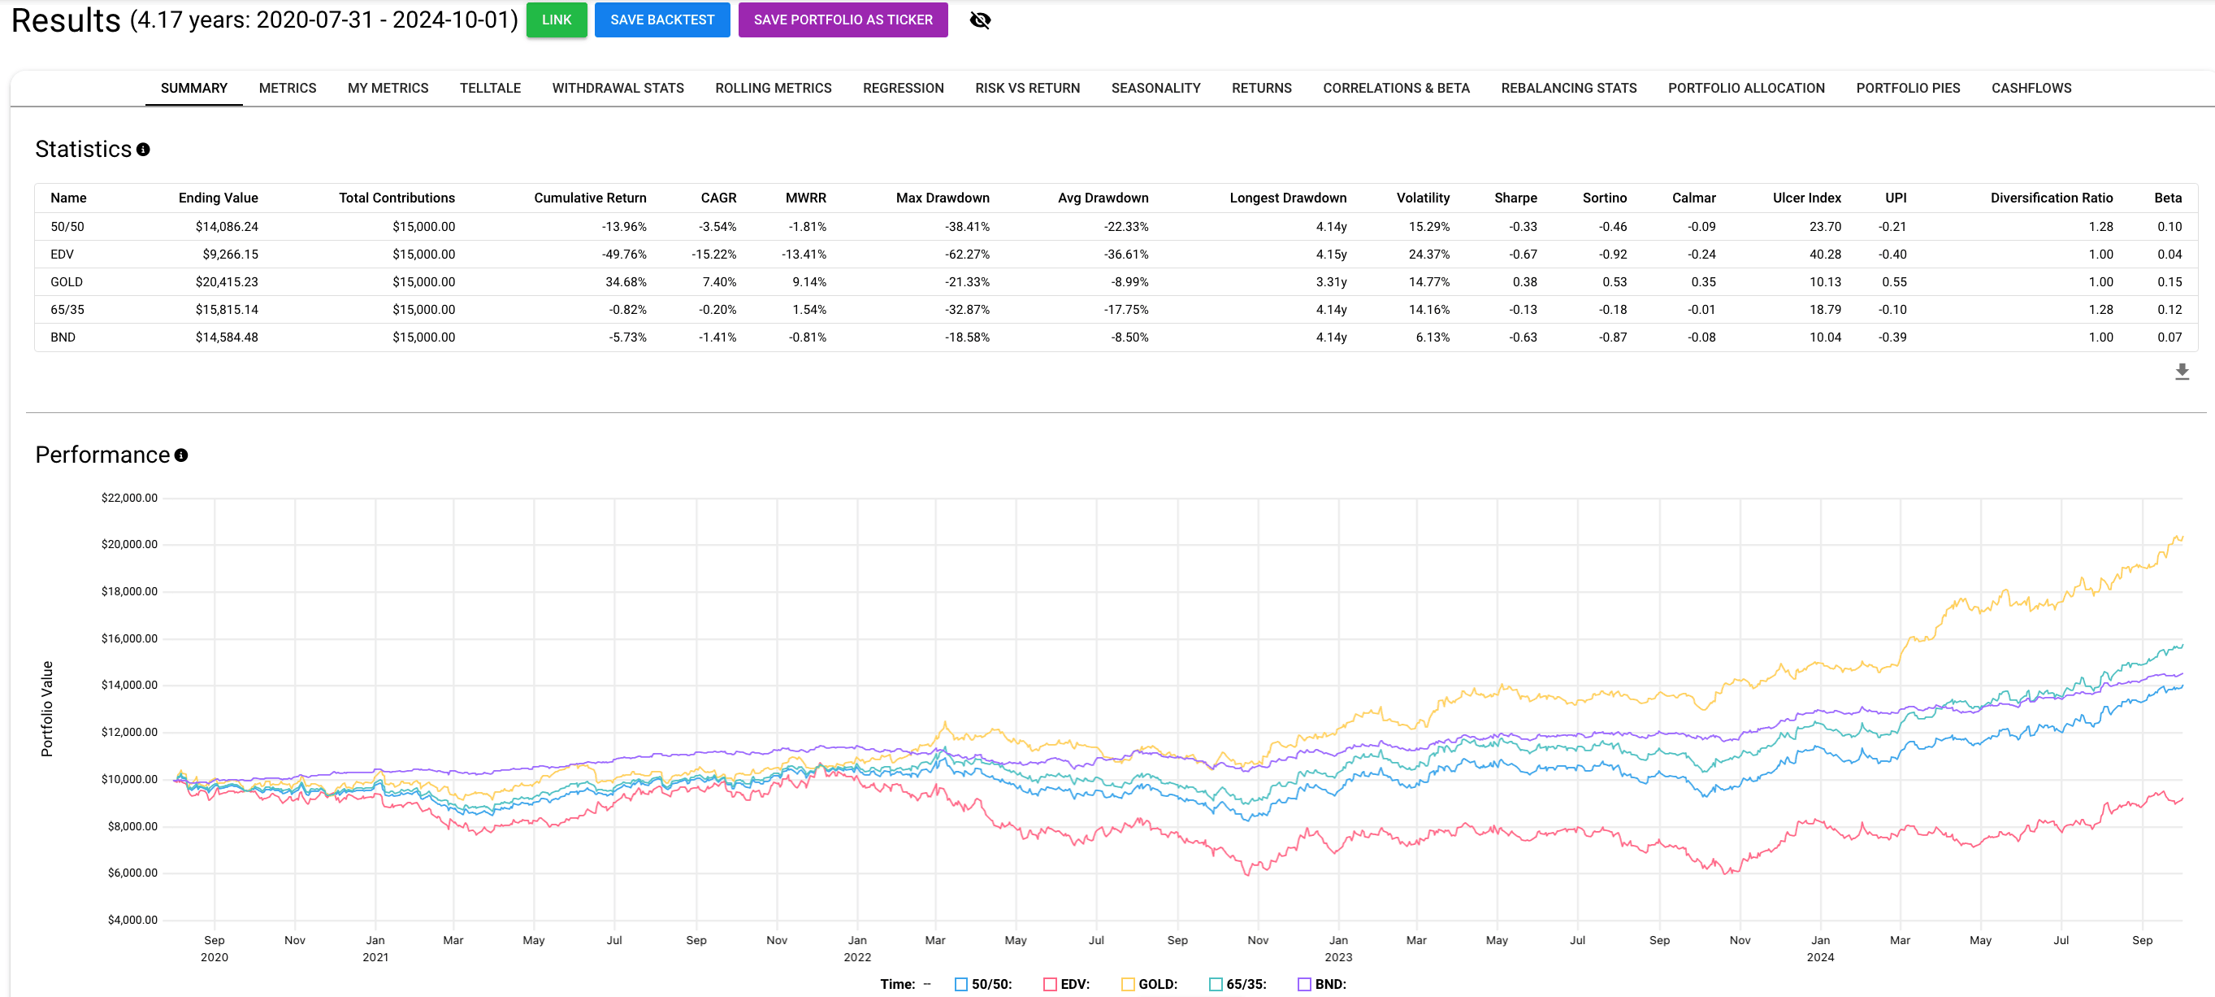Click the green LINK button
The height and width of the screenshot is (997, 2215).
557,20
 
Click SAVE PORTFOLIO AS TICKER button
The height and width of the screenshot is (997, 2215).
842,20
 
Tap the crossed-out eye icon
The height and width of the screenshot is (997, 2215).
979,20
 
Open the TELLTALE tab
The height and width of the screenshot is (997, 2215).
489,88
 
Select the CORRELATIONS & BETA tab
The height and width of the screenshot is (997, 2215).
1396,88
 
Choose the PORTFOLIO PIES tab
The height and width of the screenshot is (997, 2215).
1907,88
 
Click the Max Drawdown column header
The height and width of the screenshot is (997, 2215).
942,198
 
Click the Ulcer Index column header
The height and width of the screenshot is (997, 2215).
1805,198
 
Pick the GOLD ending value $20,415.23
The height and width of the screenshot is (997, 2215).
226,282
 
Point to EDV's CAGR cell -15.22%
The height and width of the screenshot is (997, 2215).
713,255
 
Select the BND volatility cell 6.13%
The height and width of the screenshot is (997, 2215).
1432,337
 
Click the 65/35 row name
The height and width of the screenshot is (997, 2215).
67,310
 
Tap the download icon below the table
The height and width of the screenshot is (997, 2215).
2182,372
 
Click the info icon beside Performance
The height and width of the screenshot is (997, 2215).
180,455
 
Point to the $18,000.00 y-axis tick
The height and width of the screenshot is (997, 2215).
129,592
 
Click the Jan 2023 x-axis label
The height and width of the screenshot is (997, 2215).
1338,948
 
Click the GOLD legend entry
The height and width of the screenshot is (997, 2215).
1156,984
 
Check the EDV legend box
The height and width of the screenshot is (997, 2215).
1050,984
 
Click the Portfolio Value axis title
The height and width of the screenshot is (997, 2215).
47,709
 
